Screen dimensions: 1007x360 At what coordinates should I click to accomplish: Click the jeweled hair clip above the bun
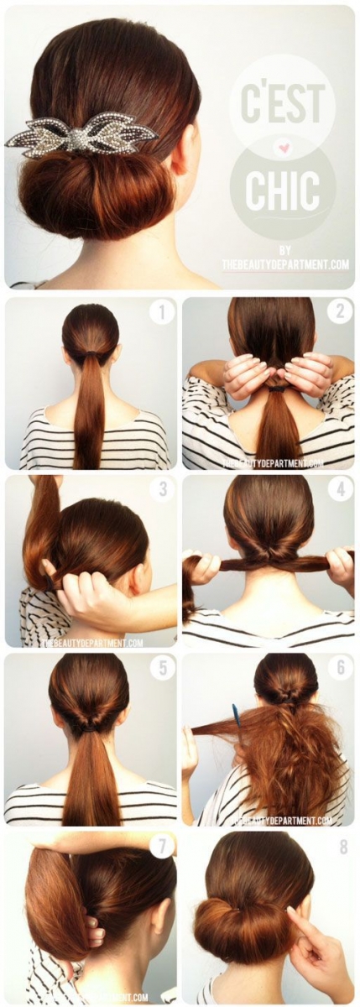(x=81, y=137)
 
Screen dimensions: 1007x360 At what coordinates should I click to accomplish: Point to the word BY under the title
(x=285, y=250)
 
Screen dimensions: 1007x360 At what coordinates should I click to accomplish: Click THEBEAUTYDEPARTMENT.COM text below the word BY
(x=285, y=264)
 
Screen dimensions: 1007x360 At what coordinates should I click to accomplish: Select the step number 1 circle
(x=161, y=314)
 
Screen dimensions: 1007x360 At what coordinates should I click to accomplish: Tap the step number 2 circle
(x=340, y=312)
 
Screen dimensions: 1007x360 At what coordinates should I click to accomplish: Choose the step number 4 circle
(x=340, y=488)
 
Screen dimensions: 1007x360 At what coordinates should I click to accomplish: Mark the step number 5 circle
(x=161, y=668)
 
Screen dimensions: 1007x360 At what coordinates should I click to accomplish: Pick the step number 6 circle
(x=340, y=667)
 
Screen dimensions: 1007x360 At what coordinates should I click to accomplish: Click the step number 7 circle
(x=161, y=846)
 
